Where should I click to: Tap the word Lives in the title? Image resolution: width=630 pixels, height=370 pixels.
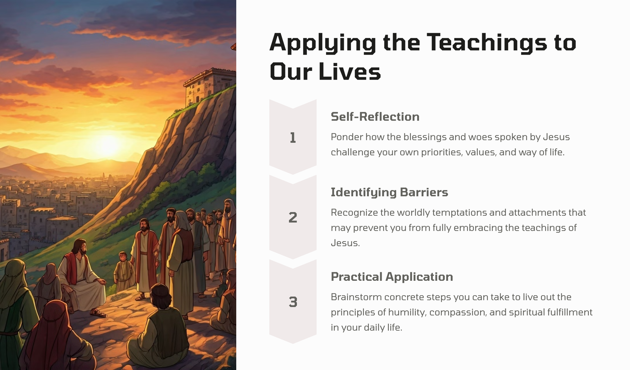pos(350,72)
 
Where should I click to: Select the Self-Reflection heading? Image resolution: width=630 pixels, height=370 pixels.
pos(375,117)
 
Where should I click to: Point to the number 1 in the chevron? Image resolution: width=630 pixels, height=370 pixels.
pos(293,138)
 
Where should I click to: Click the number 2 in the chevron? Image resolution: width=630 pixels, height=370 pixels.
pos(293,217)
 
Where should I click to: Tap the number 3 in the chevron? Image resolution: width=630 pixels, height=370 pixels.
pos(293,302)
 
